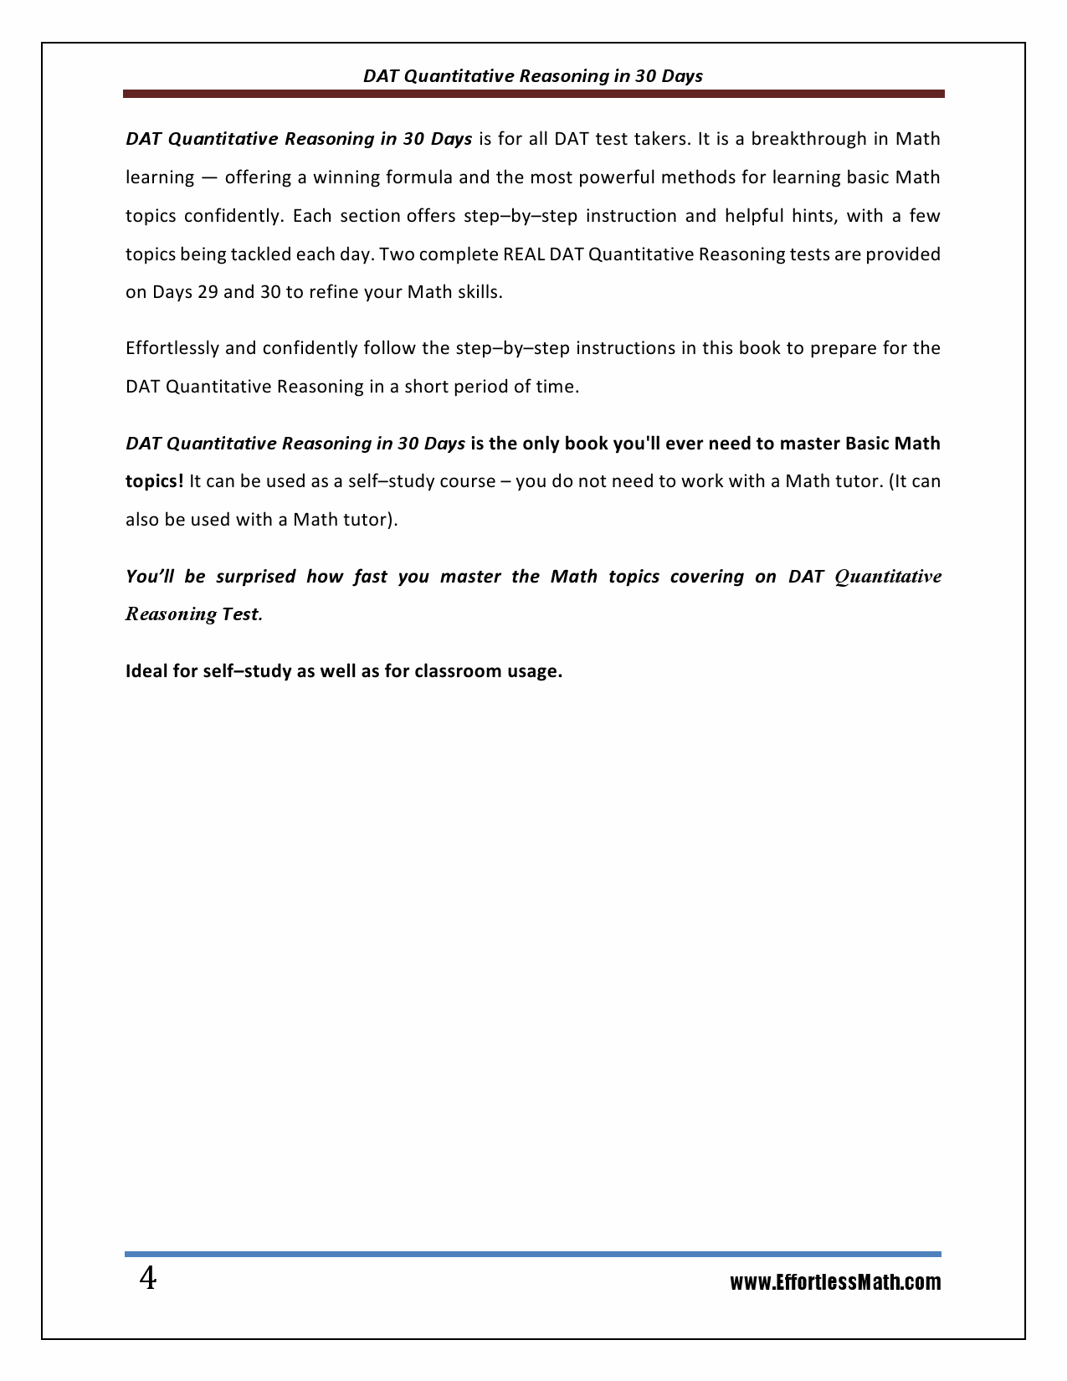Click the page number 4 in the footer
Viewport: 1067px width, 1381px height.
(147, 1280)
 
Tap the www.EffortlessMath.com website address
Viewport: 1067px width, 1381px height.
(834, 1282)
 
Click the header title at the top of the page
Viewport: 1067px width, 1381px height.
(533, 76)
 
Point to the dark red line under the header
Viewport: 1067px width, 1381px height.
(533, 94)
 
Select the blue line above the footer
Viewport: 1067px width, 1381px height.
(533, 1254)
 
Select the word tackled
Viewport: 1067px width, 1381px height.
(249, 254)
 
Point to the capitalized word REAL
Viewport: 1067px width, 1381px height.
(525, 254)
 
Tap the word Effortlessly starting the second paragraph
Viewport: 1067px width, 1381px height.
(172, 348)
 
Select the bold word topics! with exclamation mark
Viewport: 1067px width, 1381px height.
(155, 481)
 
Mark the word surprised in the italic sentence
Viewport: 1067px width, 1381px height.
(255, 577)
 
